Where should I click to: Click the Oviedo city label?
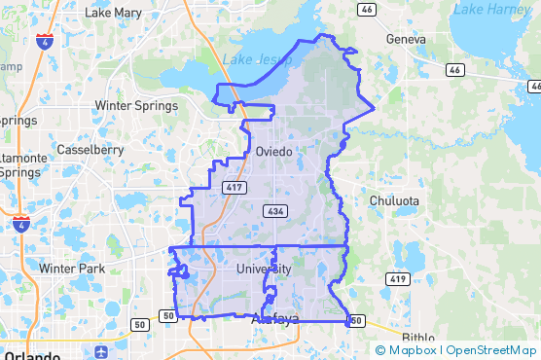point(273,151)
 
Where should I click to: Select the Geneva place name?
point(406,40)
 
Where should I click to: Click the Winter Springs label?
point(135,105)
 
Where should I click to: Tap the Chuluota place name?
point(394,201)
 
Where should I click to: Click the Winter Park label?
point(72,268)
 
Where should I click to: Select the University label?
point(264,269)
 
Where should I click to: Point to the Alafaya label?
point(274,319)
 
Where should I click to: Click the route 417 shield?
point(233,187)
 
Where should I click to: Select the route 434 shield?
point(272,210)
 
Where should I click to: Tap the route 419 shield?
point(396,279)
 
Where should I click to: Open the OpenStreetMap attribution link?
point(492,350)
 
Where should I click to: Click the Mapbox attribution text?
point(408,350)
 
